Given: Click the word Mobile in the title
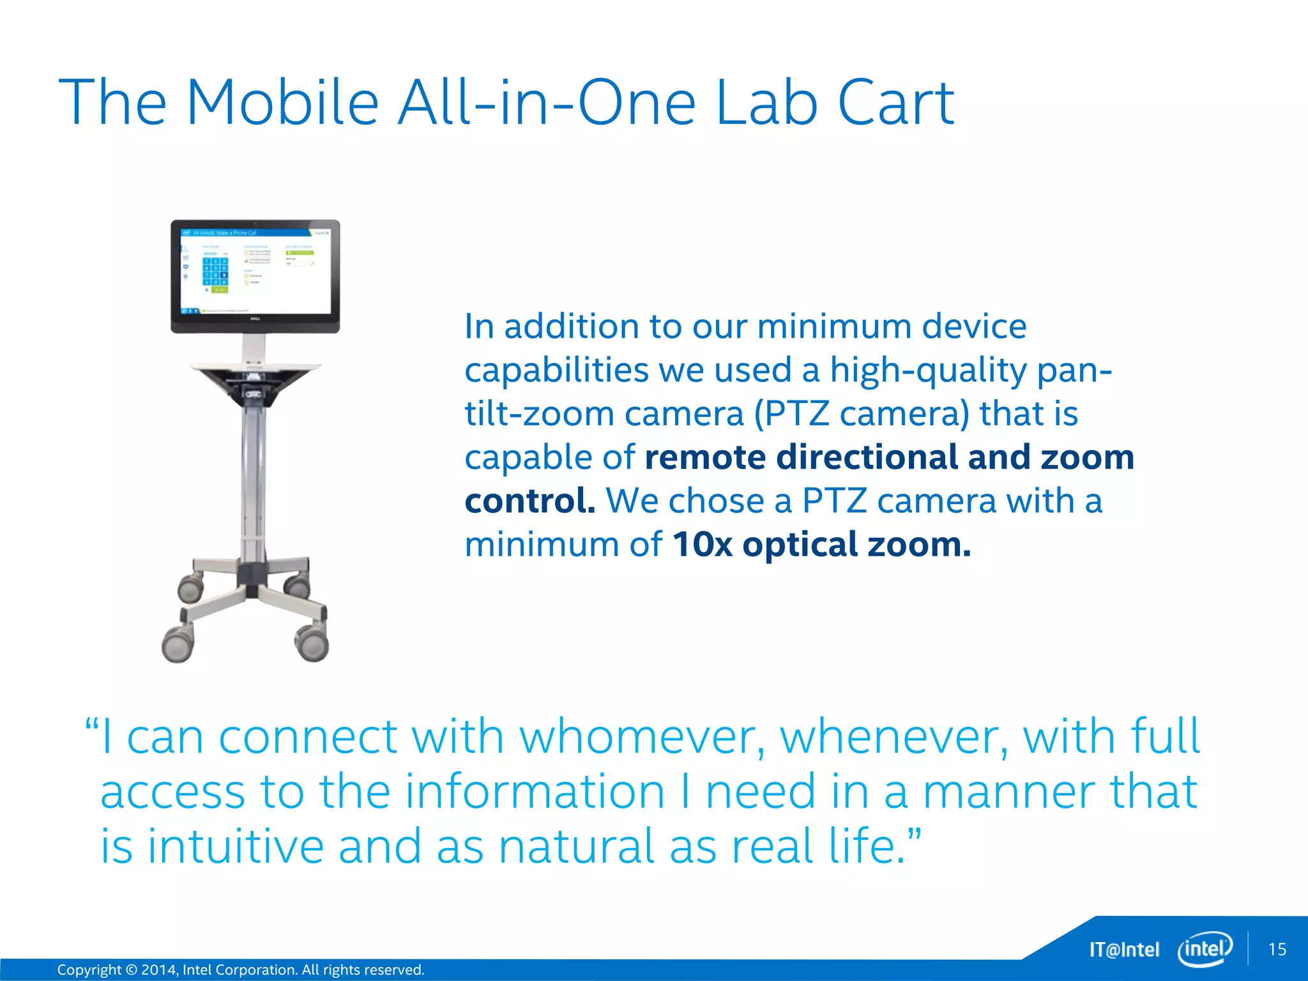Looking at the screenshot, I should tap(282, 102).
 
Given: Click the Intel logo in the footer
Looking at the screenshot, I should tap(1205, 949).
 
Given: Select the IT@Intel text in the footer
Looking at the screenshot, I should tap(1124, 950).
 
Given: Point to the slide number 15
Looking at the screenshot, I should tap(1277, 949).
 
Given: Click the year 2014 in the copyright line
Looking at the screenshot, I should tap(158, 970).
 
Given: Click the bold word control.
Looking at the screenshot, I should tap(529, 501).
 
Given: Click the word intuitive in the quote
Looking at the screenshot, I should tap(236, 846).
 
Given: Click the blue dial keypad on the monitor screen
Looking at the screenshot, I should tap(215, 271).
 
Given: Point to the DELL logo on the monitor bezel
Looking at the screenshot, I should tap(254, 319).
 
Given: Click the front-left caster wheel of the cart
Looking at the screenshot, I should tap(178, 644).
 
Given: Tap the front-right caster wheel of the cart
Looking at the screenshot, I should tap(312, 644).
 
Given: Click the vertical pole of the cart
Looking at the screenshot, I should tap(253, 479).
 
